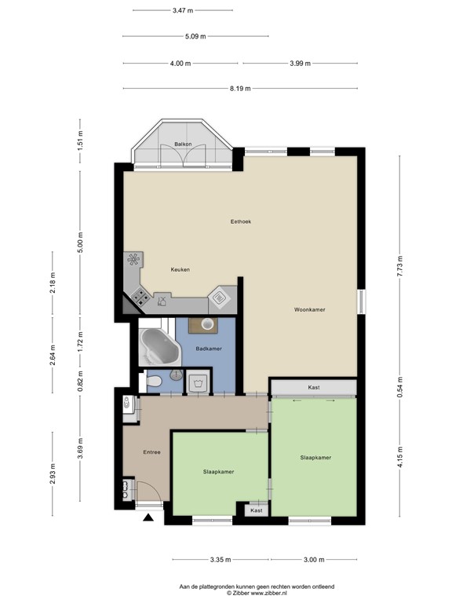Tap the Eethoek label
[239, 221]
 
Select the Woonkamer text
[310, 309]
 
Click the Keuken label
[180, 269]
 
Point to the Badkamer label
[208, 348]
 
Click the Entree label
[151, 452]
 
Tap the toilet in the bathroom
[155, 382]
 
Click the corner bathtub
[155, 345]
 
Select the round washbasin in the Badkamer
[208, 323]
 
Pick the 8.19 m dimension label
[240, 89]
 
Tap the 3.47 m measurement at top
[183, 10]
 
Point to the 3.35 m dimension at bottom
[221, 560]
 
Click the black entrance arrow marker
[148, 518]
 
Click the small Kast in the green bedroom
[256, 510]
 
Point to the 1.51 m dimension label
[79, 142]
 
